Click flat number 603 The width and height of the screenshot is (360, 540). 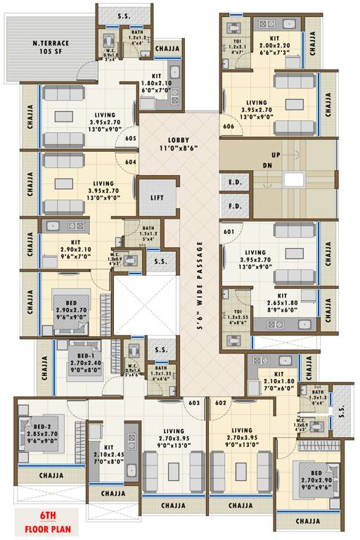194,403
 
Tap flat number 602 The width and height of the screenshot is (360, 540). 220,403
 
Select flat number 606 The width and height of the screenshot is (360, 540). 228,127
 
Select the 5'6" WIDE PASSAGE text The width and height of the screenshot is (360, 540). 200,285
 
